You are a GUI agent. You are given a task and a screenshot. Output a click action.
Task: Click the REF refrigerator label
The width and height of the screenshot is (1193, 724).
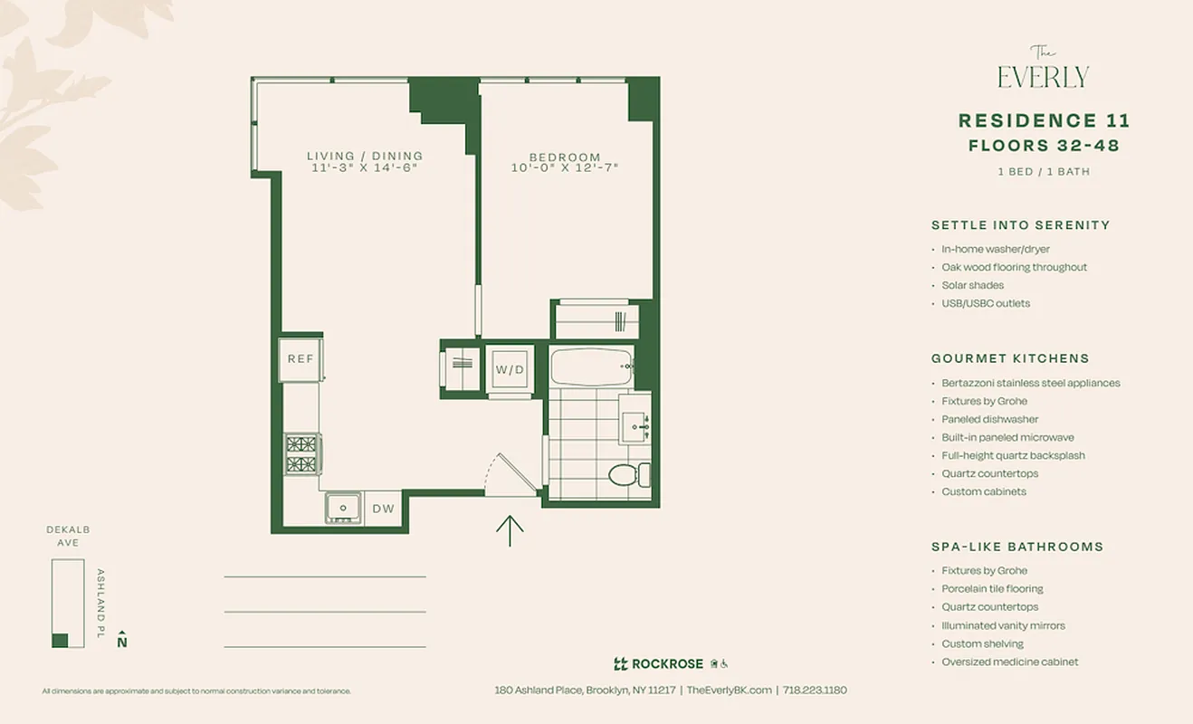(x=301, y=359)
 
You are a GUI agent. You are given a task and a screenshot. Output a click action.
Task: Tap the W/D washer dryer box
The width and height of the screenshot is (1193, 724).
(x=510, y=369)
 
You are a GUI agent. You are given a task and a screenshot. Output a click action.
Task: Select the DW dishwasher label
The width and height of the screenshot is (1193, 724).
(x=384, y=509)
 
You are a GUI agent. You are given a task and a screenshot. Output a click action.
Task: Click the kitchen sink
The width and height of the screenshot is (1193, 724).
(x=344, y=507)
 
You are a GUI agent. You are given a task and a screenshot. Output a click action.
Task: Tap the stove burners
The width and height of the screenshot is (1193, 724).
(x=301, y=453)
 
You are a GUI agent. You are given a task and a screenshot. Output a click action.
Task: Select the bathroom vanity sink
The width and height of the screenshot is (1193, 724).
(x=635, y=423)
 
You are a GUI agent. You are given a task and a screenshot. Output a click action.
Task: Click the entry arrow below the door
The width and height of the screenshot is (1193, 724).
(x=511, y=530)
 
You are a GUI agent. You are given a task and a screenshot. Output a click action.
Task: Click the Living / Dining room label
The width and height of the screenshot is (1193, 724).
(x=365, y=157)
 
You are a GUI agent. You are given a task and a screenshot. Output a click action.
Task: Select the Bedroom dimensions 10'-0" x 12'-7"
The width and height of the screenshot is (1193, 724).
(x=565, y=167)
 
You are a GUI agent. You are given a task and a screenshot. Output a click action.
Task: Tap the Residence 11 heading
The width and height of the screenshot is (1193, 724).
(x=1044, y=121)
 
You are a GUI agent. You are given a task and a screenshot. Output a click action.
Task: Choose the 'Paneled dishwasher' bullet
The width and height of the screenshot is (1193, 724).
(x=989, y=419)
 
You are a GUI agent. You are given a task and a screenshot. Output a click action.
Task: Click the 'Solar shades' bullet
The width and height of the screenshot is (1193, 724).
(x=972, y=285)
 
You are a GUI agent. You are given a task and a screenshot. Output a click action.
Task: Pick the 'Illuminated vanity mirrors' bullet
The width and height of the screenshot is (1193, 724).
(x=1003, y=625)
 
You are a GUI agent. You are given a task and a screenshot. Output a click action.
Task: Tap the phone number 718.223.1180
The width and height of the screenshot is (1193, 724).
(x=815, y=690)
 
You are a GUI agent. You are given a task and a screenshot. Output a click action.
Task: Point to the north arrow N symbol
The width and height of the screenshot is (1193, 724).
(x=122, y=640)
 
